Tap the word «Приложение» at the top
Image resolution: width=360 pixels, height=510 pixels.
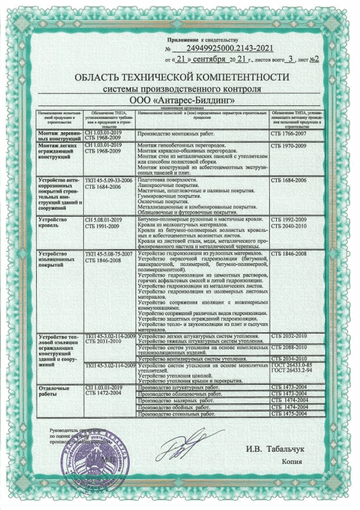pos(183,40)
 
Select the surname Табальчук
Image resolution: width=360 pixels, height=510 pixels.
pos(280,448)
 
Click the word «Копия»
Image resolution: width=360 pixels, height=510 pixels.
pos(292,461)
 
